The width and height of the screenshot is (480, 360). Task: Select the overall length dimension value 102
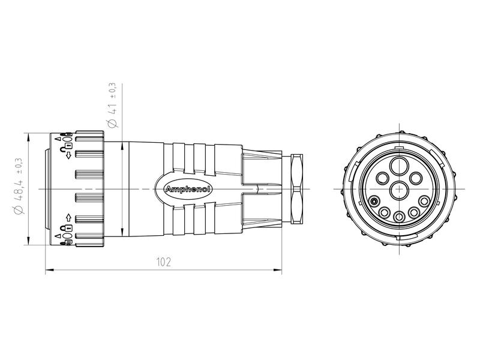[163, 263]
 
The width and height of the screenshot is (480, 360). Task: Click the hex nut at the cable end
[294, 189]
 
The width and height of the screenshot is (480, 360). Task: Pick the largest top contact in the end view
[398, 166]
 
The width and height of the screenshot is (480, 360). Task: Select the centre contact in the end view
[398, 190]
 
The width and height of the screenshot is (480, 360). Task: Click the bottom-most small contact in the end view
[398, 216]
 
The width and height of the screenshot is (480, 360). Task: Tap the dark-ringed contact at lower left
[374, 202]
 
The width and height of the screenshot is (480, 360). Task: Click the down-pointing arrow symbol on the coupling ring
[69, 156]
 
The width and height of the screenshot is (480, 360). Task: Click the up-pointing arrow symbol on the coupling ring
[69, 217]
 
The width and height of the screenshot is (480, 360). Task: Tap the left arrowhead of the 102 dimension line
[49, 271]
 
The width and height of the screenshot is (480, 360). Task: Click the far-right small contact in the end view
[424, 201]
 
